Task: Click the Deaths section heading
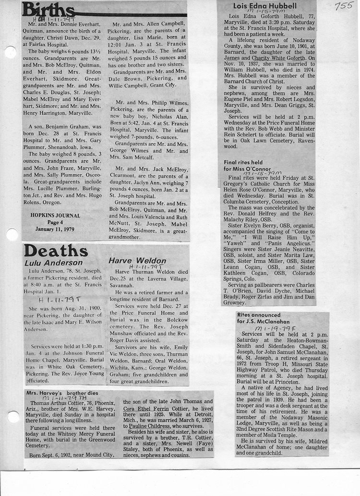click(x=56, y=251)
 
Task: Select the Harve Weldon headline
click(x=137, y=261)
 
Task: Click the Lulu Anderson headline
click(x=53, y=263)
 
